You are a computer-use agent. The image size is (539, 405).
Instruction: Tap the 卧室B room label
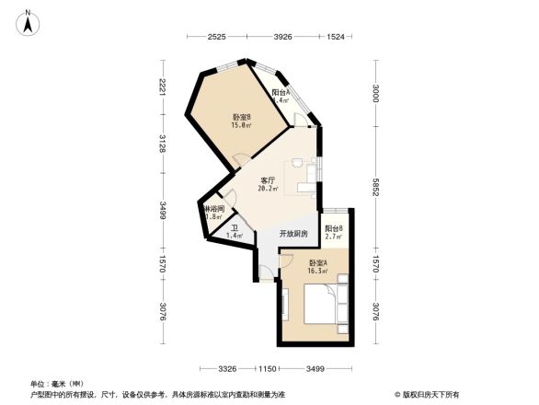click(242, 117)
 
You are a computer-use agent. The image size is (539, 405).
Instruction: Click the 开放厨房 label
click(293, 234)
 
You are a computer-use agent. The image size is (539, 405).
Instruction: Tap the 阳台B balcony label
click(334, 228)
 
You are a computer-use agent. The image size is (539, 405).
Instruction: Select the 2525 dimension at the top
click(216, 37)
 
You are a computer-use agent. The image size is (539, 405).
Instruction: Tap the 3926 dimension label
click(282, 37)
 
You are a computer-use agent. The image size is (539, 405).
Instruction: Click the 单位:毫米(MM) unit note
click(57, 384)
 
